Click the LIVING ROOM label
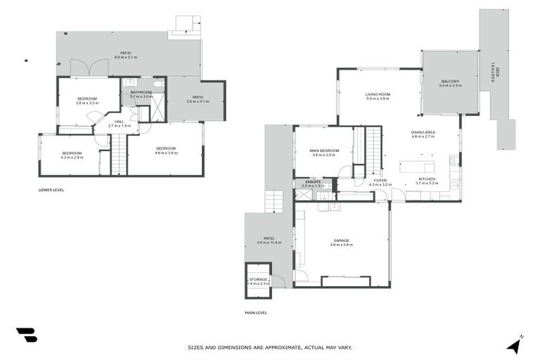coord(378,94)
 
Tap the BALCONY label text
coord(451,82)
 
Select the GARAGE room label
coord(341,240)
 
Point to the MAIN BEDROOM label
coord(325,150)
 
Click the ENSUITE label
coord(311,181)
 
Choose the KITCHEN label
coord(427,179)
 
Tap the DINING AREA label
coord(424,132)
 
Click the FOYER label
coord(380,180)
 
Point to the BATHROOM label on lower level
coord(141,92)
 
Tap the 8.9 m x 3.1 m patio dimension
coord(126,58)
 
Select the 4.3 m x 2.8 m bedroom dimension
coord(72,157)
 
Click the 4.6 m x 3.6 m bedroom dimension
coord(166,153)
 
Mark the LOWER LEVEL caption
coord(51,190)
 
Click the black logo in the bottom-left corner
coord(26,335)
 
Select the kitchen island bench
coord(417,167)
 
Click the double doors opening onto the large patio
coord(89,67)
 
